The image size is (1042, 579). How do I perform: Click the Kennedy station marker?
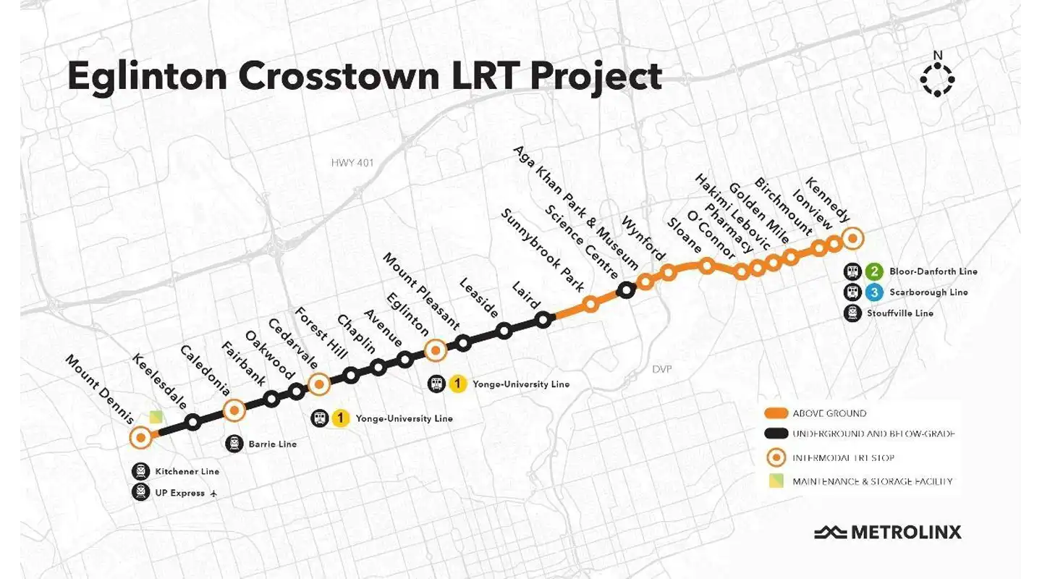point(852,237)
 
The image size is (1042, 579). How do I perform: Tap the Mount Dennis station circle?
point(140,437)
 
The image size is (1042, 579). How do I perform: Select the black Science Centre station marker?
point(626,290)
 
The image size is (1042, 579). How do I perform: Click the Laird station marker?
point(543,319)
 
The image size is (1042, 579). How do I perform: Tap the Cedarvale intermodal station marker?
point(319,384)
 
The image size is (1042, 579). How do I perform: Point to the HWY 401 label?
point(352,163)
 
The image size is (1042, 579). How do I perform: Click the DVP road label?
point(661,369)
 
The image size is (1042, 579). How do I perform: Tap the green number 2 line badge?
point(875,272)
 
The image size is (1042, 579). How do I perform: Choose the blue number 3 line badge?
point(875,292)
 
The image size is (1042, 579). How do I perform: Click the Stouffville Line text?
point(901,313)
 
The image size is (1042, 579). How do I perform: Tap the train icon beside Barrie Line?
point(234,444)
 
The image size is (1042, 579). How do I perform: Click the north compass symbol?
point(937,78)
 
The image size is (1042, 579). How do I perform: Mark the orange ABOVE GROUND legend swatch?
point(775,413)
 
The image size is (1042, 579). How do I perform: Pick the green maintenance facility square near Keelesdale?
point(156,418)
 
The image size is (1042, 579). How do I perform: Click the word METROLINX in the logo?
point(906,533)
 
